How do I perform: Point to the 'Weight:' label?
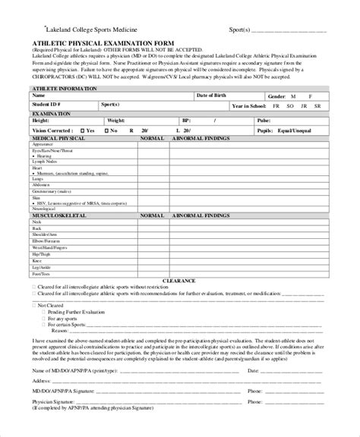tap(116, 121)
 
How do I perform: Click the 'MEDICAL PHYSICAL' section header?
tap(60, 140)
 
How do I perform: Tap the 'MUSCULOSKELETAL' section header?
tap(59, 216)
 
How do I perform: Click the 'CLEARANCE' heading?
tap(182, 279)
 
